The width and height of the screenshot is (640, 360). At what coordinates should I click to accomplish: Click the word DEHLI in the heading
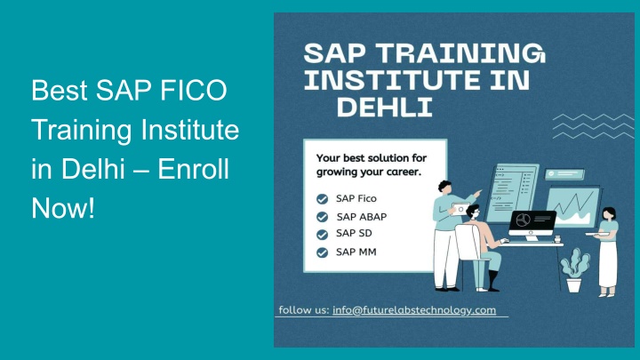[x=385, y=108]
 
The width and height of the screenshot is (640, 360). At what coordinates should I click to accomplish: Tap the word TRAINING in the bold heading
[x=460, y=53]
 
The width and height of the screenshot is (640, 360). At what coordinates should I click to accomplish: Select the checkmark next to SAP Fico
[x=322, y=199]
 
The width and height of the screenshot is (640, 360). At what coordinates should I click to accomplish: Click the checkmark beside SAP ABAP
[x=322, y=217]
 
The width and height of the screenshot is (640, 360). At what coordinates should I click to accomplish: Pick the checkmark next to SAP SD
[x=322, y=235]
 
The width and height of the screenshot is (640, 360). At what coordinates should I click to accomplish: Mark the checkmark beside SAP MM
[x=322, y=252]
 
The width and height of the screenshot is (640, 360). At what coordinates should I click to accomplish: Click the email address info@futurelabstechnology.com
[x=414, y=310]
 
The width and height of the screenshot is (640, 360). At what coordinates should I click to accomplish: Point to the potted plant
[x=574, y=270]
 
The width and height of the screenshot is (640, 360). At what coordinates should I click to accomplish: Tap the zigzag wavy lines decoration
[x=593, y=126]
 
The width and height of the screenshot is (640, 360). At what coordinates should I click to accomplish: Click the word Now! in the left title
[x=63, y=208]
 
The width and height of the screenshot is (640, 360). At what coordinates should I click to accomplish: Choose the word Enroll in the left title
[x=193, y=169]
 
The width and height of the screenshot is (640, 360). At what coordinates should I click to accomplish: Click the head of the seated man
[x=473, y=212]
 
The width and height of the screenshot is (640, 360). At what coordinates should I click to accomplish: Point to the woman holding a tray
[x=607, y=252]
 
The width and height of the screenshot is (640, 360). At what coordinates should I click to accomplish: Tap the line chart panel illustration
[x=572, y=207]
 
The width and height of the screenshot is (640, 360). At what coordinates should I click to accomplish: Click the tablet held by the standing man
[x=460, y=209]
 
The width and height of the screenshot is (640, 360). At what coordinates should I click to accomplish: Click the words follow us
[x=304, y=310]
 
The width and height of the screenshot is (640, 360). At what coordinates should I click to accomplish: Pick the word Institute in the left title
[x=190, y=130]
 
